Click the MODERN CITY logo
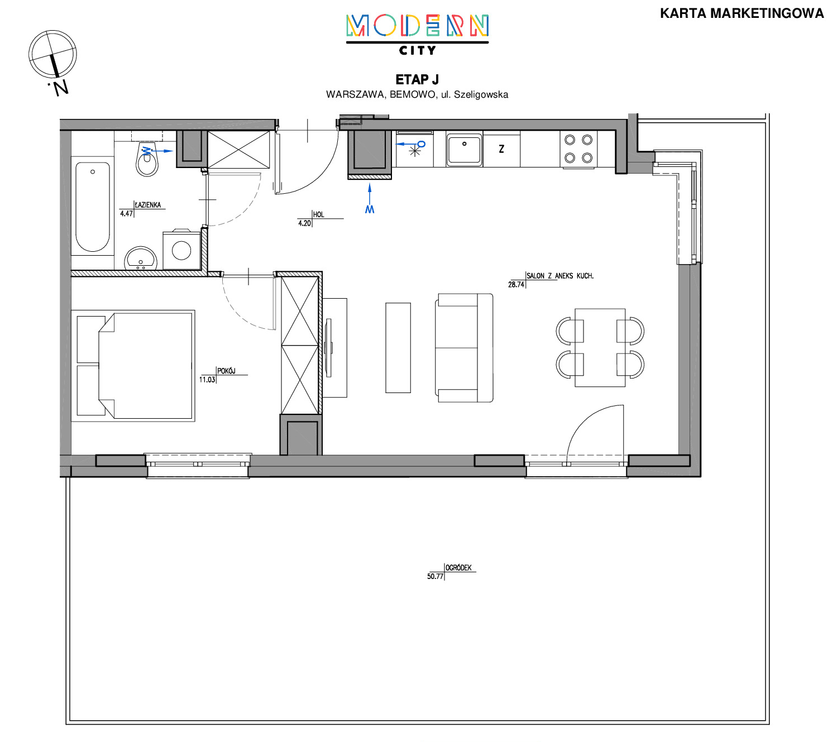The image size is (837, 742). point(417,35)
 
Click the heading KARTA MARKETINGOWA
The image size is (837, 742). point(742,13)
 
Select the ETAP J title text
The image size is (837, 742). point(417,79)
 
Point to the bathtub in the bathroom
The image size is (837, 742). point(93,207)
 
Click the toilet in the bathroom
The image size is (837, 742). point(147,159)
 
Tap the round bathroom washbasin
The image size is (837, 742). point(141,259)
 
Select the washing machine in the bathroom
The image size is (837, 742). point(181,250)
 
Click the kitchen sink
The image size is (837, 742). point(464,150)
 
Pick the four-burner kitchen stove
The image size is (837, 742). point(578,149)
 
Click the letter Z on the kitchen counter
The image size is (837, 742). point(501,149)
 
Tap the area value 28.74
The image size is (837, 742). point(516,285)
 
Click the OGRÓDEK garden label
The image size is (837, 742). point(458,568)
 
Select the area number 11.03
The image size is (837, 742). point(207,380)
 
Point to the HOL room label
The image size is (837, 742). point(318,214)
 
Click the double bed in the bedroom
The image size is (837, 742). point(133,366)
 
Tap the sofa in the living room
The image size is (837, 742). point(464,348)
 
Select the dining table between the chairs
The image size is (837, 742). point(600,347)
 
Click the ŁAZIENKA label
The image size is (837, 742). point(147,205)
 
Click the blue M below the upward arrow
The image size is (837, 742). point(370,209)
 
